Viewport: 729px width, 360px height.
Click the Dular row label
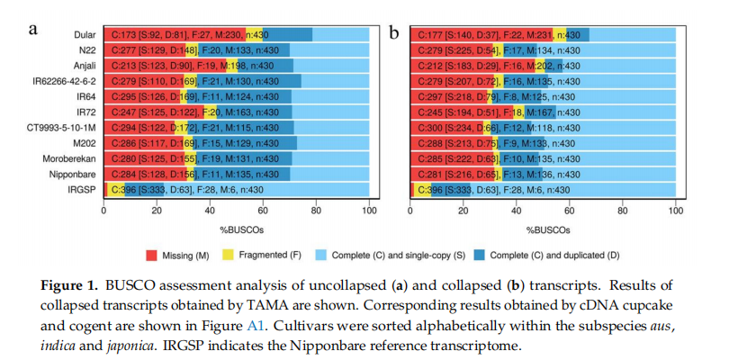85,34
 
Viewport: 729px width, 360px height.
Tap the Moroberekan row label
72,158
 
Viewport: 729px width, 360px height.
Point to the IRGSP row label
83,190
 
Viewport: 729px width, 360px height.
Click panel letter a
33,29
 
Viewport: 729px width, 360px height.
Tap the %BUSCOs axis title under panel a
237,229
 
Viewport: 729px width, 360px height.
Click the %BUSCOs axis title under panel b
543,229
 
